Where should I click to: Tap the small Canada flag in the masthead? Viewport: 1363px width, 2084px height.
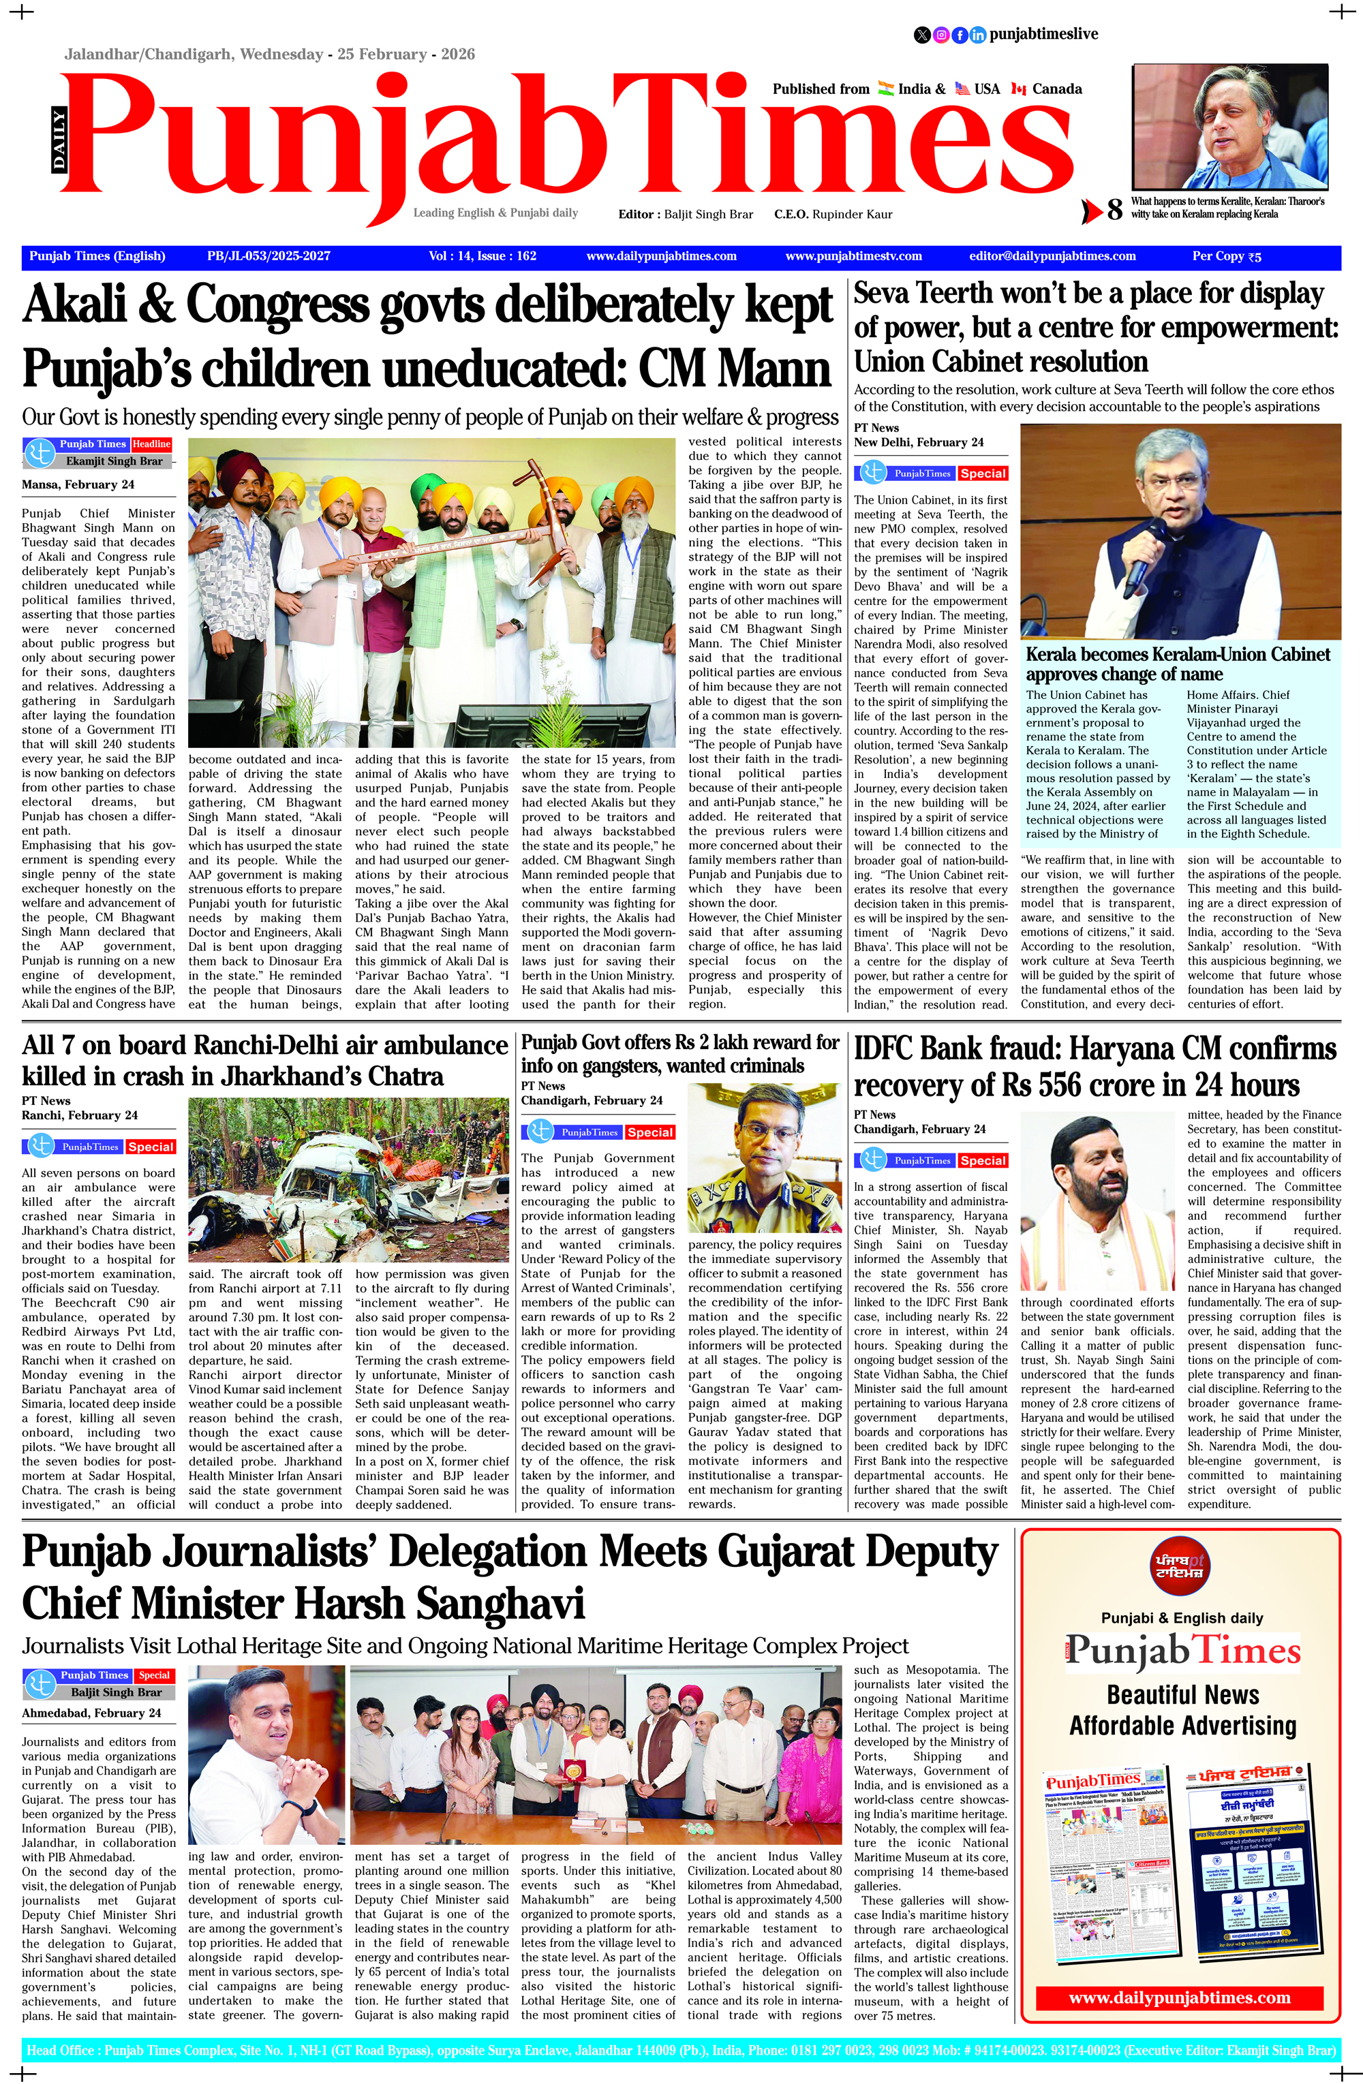1018,89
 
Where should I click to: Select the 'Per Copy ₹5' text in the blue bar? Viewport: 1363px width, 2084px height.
1226,257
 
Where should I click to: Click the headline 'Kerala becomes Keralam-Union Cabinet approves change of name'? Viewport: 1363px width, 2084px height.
1178,664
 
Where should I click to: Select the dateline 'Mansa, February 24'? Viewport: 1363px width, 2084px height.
78,484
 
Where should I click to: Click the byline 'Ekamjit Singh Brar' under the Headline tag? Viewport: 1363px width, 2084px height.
114,461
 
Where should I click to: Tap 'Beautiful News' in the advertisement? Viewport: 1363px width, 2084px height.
1182,1694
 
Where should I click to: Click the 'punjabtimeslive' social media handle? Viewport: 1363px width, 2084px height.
1043,34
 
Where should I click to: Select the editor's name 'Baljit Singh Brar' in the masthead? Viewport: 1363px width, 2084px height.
708,214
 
